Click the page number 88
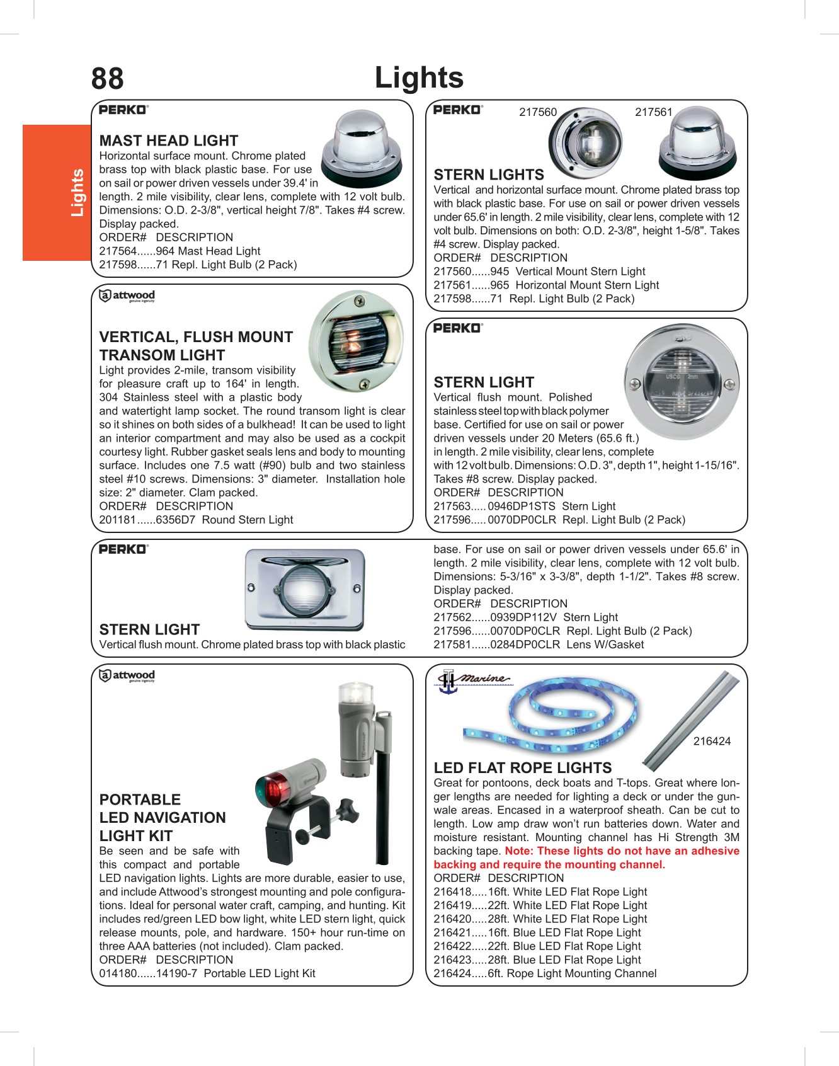tap(107, 79)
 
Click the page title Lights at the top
tap(419, 78)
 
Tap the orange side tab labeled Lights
tap(57, 192)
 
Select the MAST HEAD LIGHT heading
tap(169, 140)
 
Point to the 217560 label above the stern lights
tap(538, 112)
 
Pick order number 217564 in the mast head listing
tap(118, 251)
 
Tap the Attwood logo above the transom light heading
tap(127, 295)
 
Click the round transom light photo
tap(357, 341)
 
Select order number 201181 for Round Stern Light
tap(118, 520)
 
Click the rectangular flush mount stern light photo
tap(304, 590)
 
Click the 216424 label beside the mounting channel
tap(712, 742)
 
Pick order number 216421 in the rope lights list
tap(452, 933)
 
